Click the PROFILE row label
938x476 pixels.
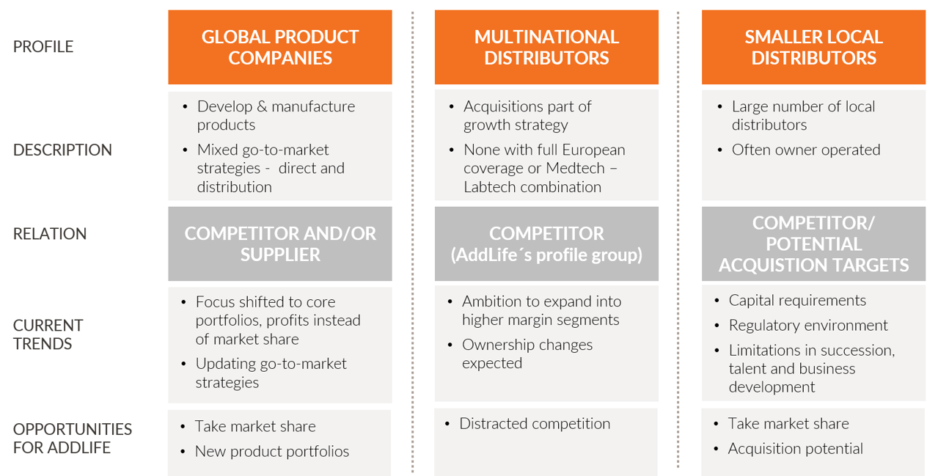click(x=43, y=46)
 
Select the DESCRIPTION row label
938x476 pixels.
click(x=62, y=150)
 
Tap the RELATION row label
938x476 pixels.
click(x=50, y=234)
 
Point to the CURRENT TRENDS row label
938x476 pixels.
click(x=48, y=334)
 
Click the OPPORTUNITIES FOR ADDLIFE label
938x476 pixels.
click(x=73, y=439)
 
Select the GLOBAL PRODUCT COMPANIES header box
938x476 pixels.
click(x=280, y=48)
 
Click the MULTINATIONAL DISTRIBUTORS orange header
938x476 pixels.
click(x=546, y=48)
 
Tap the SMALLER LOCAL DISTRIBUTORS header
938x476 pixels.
click(x=813, y=48)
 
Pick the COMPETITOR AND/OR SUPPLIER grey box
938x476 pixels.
click(x=280, y=244)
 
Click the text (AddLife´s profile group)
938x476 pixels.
click(x=546, y=255)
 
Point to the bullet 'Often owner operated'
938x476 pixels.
click(x=806, y=150)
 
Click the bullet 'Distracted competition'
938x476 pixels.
click(x=535, y=424)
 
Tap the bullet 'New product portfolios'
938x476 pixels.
click(x=272, y=451)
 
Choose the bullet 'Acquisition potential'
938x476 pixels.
click(x=796, y=449)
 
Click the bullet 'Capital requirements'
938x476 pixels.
click(x=797, y=301)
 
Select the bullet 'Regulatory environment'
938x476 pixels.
click(x=808, y=326)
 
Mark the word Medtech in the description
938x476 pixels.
click(x=576, y=168)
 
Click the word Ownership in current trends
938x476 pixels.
click(x=492, y=345)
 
